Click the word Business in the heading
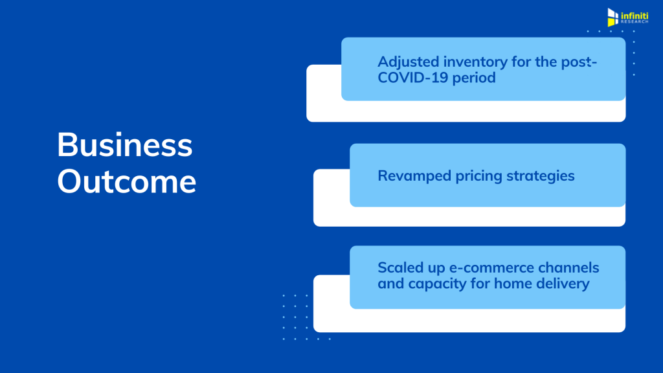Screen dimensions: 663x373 point(125,144)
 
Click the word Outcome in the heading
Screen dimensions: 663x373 point(126,181)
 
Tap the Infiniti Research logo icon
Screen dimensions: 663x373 point(612,17)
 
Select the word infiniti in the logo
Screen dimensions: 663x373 point(635,16)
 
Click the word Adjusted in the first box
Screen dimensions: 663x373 point(409,62)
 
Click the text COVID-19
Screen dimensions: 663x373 point(412,78)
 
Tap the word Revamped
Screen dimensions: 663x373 point(414,176)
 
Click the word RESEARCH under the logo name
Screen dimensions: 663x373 point(635,21)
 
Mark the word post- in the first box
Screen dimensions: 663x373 point(579,62)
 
